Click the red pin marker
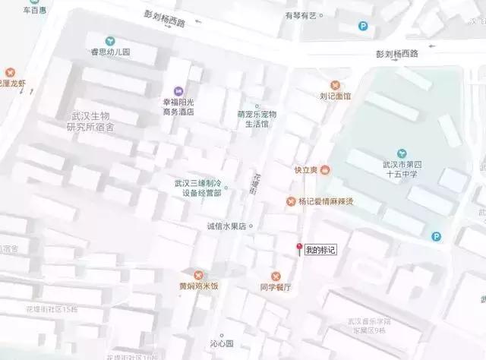pyautogui.click(x=300, y=248)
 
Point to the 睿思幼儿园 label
pyautogui.click(x=111, y=53)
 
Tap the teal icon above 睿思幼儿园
pyautogui.click(x=111, y=39)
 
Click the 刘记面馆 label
pyautogui.click(x=335, y=97)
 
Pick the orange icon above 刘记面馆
pyautogui.click(x=335, y=84)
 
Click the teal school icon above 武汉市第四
pyautogui.click(x=402, y=153)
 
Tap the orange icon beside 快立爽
pyautogui.click(x=325, y=169)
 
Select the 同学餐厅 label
pyautogui.click(x=276, y=289)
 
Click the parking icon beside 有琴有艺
pyautogui.click(x=363, y=26)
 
